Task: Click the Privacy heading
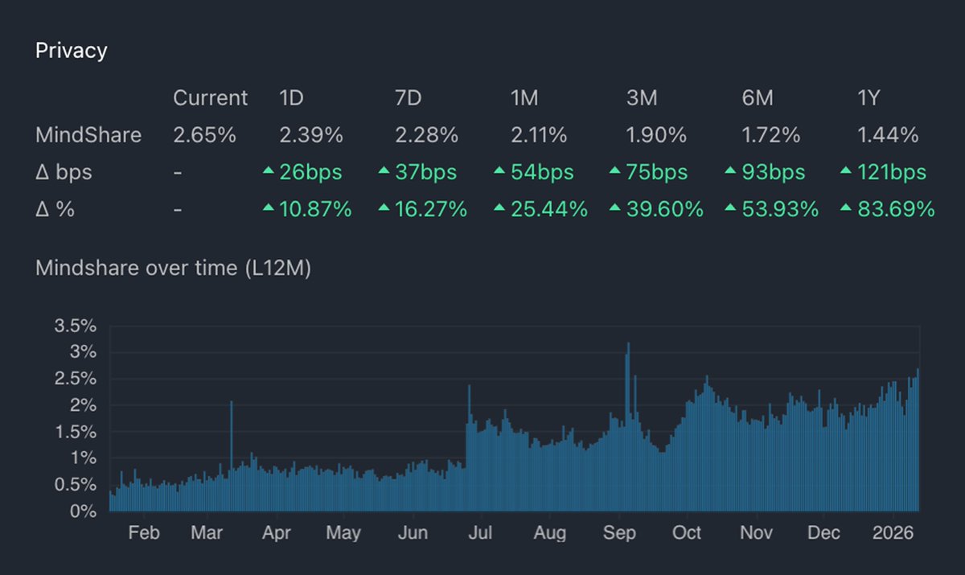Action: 72,51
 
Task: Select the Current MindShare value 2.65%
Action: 204,135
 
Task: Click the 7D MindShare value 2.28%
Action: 426,135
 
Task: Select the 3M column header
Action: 642,98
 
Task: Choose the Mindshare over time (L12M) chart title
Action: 173,268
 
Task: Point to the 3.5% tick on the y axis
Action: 76,327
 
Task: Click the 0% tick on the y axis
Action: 83,511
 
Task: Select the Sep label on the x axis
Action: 619,533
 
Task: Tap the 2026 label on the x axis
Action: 893,533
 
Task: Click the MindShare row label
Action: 88,135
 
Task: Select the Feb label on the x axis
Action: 144,533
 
